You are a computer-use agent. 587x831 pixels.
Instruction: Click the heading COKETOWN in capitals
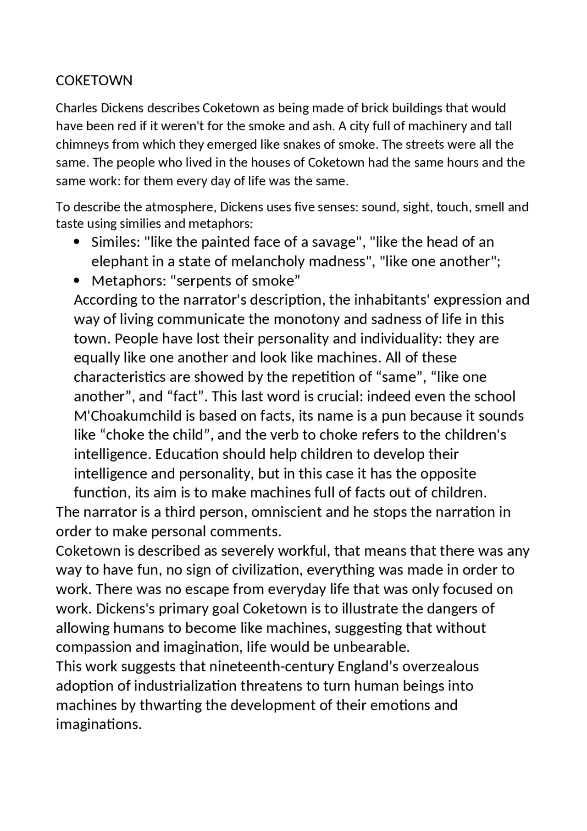pyautogui.click(x=94, y=81)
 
